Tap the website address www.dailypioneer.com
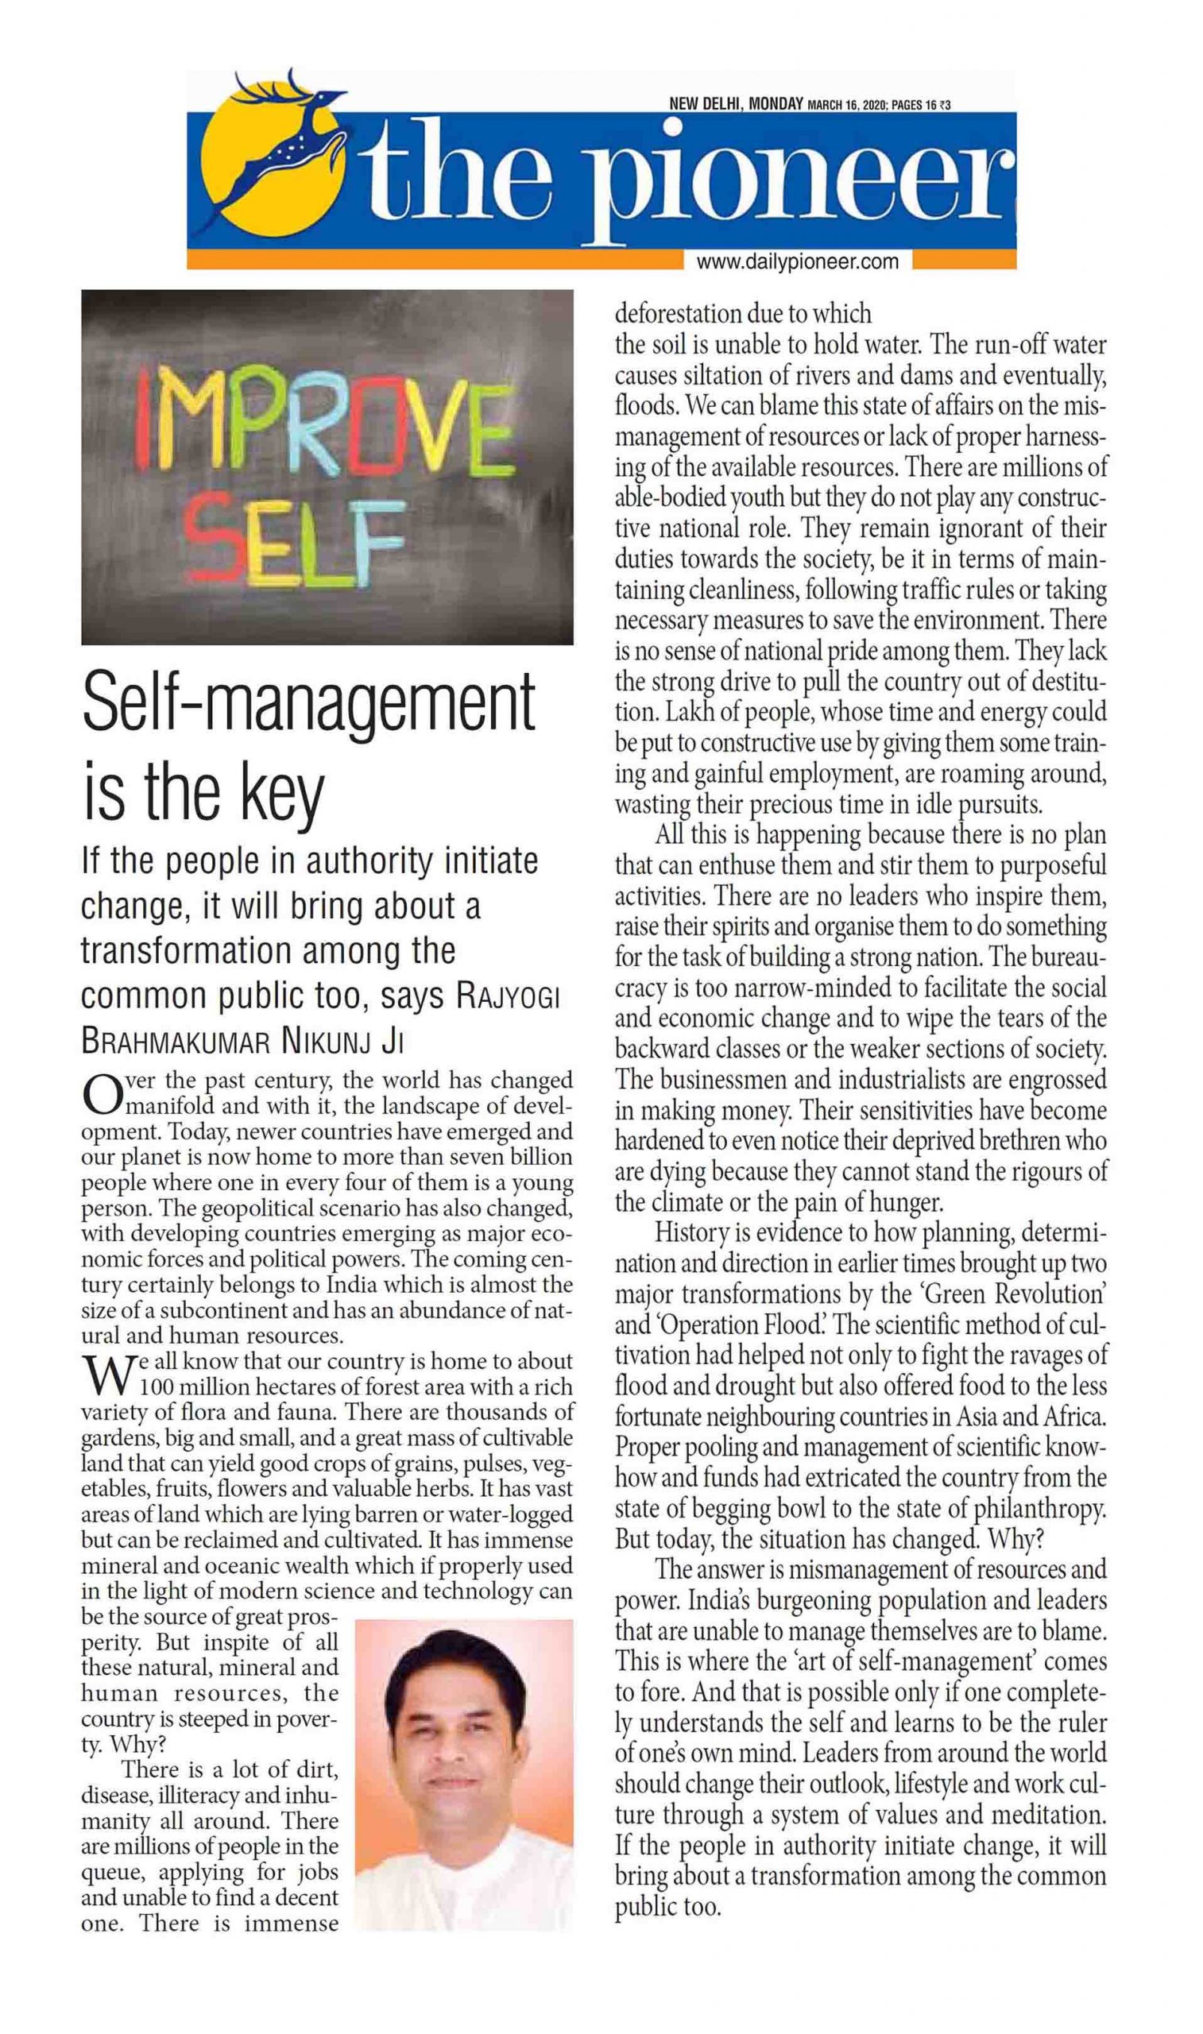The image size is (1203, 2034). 798,261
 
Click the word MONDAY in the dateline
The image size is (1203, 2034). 776,105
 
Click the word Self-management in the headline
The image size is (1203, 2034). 309,702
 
